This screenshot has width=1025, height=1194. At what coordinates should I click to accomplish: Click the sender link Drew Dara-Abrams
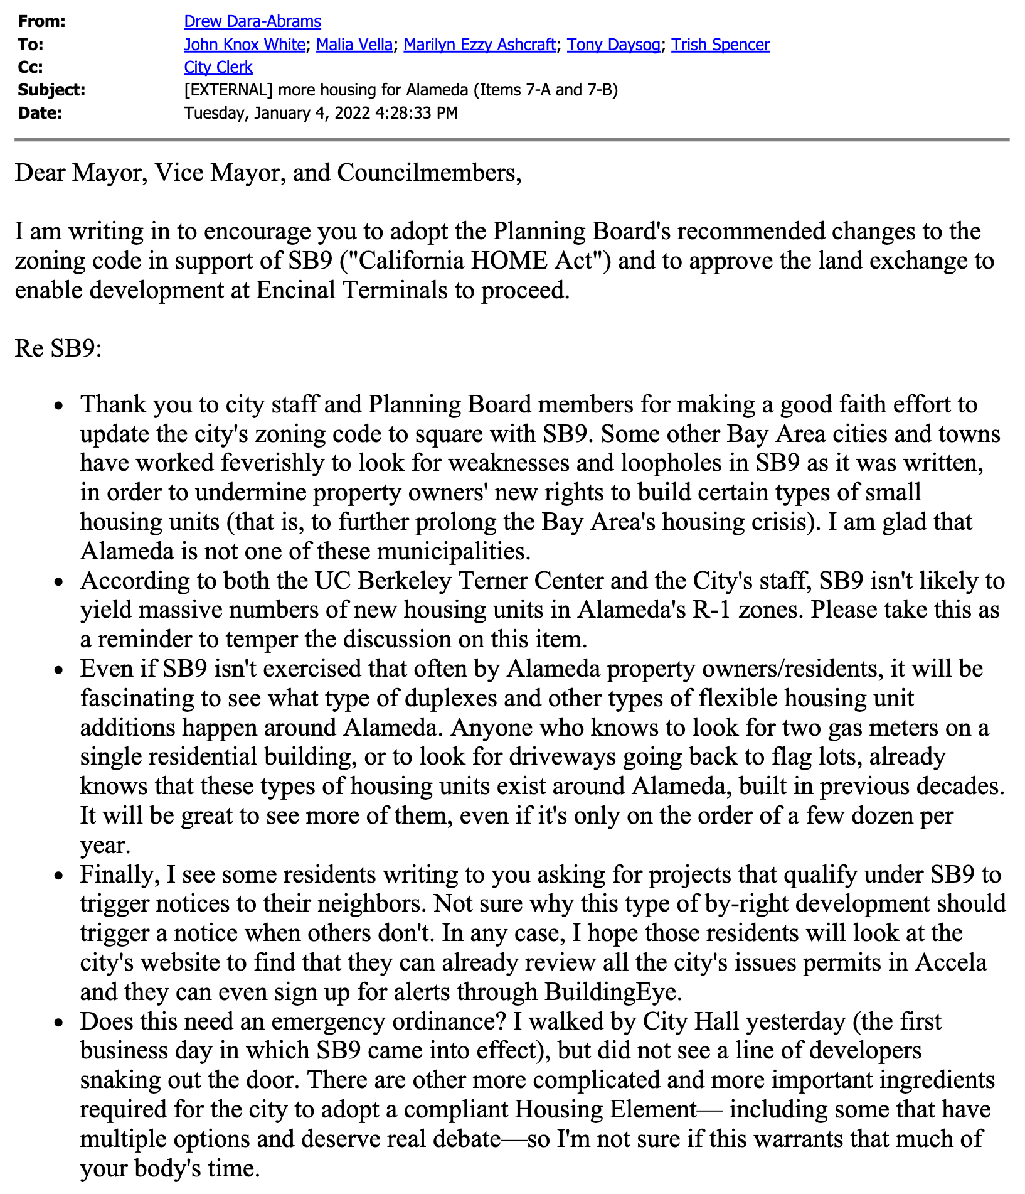[252, 22]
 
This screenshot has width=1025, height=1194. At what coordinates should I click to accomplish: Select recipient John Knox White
[245, 45]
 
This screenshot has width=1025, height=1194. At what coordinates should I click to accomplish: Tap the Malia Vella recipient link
[354, 45]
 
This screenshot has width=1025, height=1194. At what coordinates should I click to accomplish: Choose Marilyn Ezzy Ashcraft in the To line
[480, 45]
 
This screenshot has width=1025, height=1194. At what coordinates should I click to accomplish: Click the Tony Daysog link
[613, 45]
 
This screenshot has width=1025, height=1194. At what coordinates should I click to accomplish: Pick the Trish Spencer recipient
[720, 45]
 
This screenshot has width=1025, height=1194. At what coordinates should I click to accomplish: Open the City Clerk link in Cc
[218, 68]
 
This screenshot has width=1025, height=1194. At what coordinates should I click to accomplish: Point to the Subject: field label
[51, 90]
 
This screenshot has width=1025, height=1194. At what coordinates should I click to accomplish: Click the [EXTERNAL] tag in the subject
[228, 90]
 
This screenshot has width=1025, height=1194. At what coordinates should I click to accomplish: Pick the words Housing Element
[606, 1110]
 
